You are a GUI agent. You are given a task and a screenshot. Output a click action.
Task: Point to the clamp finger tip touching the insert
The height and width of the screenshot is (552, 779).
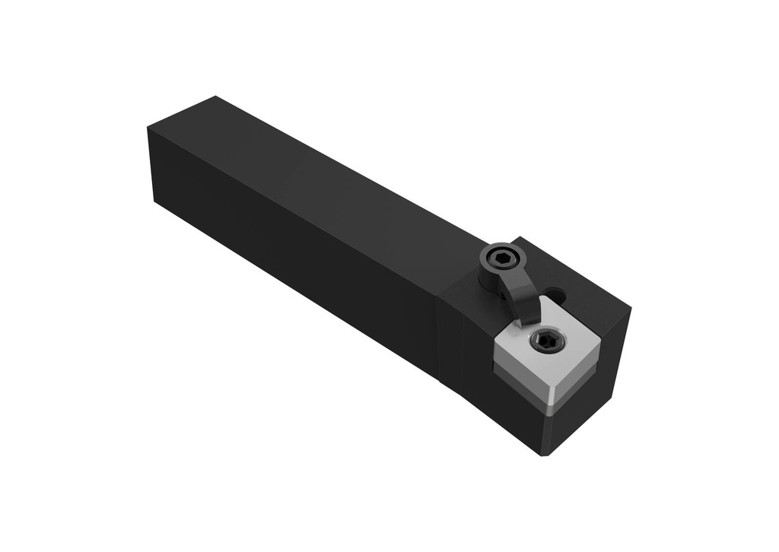click(525, 319)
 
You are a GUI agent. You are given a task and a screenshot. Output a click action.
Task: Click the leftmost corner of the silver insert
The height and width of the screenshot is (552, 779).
click(497, 352)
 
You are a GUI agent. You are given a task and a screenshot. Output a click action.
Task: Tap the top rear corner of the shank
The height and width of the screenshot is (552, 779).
click(216, 97)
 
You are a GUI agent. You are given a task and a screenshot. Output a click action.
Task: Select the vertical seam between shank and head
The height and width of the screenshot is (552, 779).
click(439, 335)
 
